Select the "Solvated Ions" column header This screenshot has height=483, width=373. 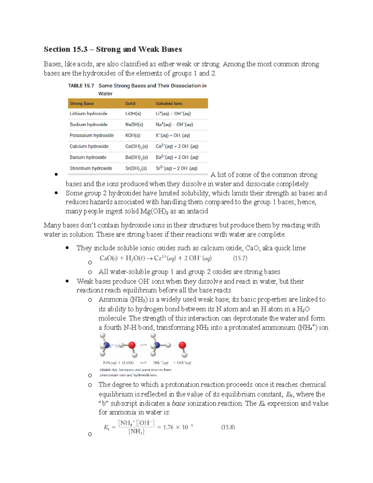[x=169, y=104]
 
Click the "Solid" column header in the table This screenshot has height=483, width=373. [x=130, y=104]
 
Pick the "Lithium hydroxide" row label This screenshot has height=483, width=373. [x=88, y=114]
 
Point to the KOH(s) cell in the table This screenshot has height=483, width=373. [x=133, y=136]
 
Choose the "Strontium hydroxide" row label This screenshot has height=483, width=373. [x=91, y=168]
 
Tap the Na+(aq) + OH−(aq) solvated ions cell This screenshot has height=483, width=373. [x=174, y=125]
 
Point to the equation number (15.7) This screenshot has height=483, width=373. [x=240, y=258]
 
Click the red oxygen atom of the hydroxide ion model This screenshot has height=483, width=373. [x=182, y=345]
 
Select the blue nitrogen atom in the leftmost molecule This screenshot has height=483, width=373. [x=107, y=345]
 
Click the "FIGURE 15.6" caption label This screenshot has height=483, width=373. [x=108, y=370]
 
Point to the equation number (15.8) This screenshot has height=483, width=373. [x=228, y=427]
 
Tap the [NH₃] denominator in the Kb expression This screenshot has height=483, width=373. [x=136, y=432]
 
